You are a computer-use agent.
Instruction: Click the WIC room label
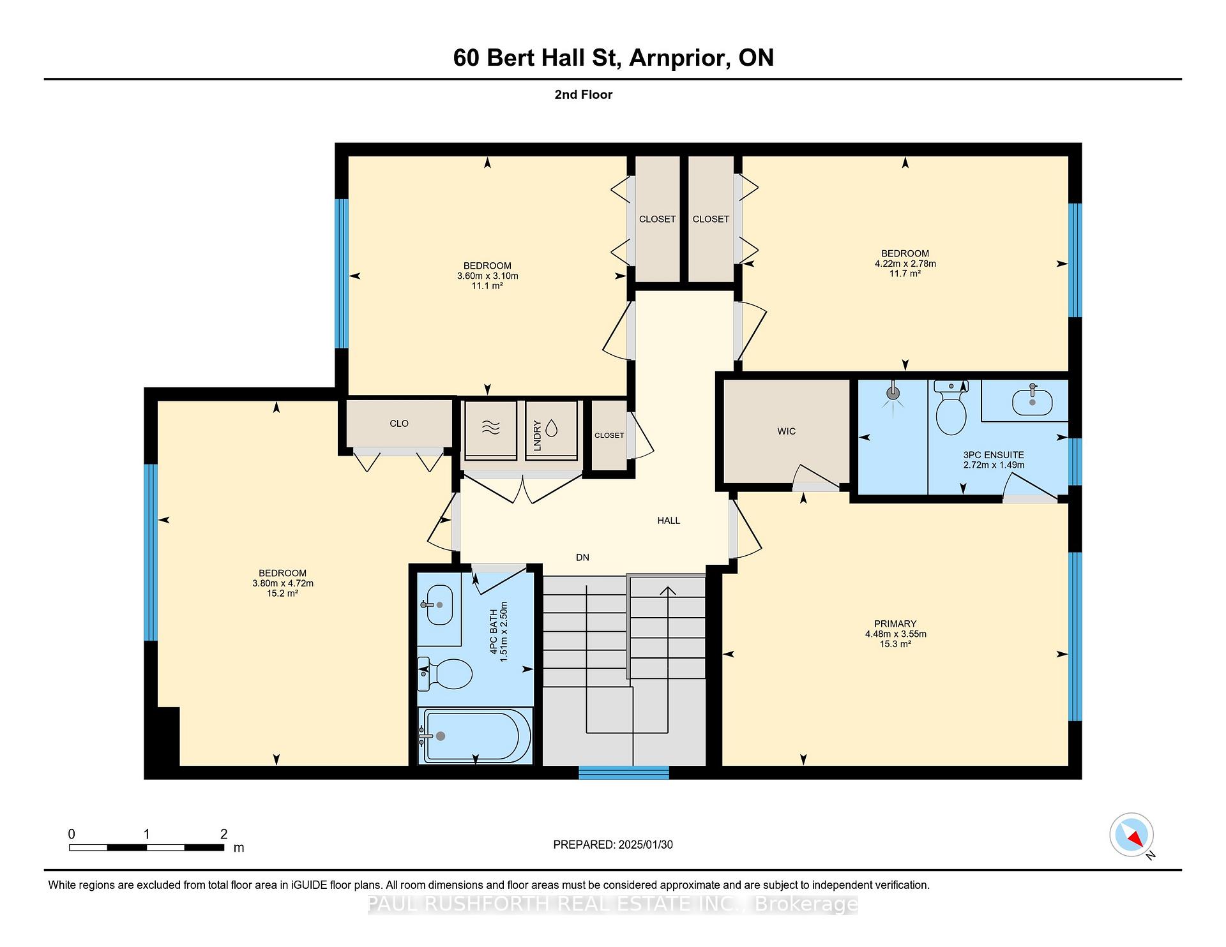(787, 431)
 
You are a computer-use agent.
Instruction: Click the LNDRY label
(537, 436)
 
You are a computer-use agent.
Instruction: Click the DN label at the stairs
(582, 558)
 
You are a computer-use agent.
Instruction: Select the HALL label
(669, 521)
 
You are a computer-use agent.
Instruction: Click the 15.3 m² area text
(895, 645)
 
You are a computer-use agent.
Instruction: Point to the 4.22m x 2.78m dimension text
(905, 264)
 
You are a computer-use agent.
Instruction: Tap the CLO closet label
(399, 424)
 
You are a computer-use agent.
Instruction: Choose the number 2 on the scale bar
(223, 834)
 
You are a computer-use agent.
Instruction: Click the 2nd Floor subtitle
(583, 94)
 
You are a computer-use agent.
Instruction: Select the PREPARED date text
(613, 845)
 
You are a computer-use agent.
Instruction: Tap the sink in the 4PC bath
(437, 604)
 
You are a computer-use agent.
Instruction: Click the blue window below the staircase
(624, 773)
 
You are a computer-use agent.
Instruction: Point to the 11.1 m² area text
(487, 286)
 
